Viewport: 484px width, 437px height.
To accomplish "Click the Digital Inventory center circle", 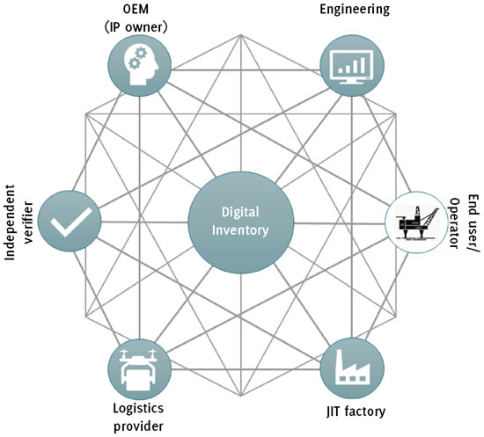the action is click(x=241, y=222).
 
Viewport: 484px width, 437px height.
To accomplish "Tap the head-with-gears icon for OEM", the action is click(x=141, y=65).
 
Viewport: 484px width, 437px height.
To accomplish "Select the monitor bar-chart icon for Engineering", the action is click(x=352, y=66).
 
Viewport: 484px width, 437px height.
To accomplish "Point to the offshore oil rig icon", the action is click(x=417, y=222).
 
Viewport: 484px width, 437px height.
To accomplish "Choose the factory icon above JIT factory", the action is click(x=353, y=367).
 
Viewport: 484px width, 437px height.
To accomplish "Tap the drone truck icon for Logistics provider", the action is click(x=138, y=369).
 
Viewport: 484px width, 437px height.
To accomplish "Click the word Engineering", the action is click(x=355, y=9).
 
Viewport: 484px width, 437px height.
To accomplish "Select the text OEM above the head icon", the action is click(x=136, y=9).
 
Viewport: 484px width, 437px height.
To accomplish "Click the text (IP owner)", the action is click(x=136, y=27).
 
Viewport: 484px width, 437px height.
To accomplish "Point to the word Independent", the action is click(x=10, y=222).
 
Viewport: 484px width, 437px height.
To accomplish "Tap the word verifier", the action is click(x=28, y=222).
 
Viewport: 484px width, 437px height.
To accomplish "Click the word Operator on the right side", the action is click(x=454, y=223).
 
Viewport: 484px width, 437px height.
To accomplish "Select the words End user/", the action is click(x=473, y=223).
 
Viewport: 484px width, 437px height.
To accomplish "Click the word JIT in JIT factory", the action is click(x=334, y=412).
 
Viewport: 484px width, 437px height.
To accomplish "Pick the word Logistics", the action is click(x=138, y=409).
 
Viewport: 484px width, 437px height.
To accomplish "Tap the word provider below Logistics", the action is click(x=138, y=426).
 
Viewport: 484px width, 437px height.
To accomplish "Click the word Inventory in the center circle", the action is click(x=240, y=230).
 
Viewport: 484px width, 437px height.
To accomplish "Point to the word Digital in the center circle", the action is click(x=240, y=213).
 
